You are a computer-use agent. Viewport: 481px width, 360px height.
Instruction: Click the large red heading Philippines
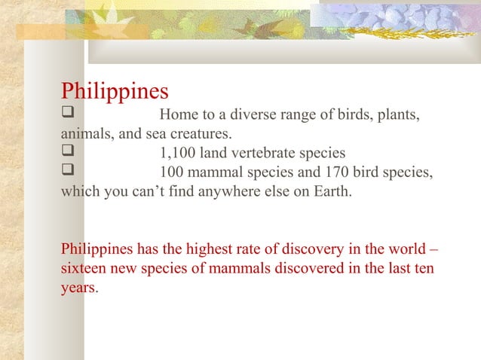(x=115, y=92)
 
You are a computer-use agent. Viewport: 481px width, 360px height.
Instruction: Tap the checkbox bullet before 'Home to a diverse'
(x=66, y=116)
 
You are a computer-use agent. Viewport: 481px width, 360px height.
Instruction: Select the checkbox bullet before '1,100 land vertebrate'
(x=66, y=153)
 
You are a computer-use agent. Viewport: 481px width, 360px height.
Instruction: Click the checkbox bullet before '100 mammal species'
(x=66, y=172)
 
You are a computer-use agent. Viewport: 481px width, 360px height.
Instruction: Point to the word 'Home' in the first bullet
(x=178, y=116)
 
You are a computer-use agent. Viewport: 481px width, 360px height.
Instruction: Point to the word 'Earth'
(x=331, y=190)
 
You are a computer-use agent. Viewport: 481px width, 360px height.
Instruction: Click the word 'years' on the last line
(x=78, y=287)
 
